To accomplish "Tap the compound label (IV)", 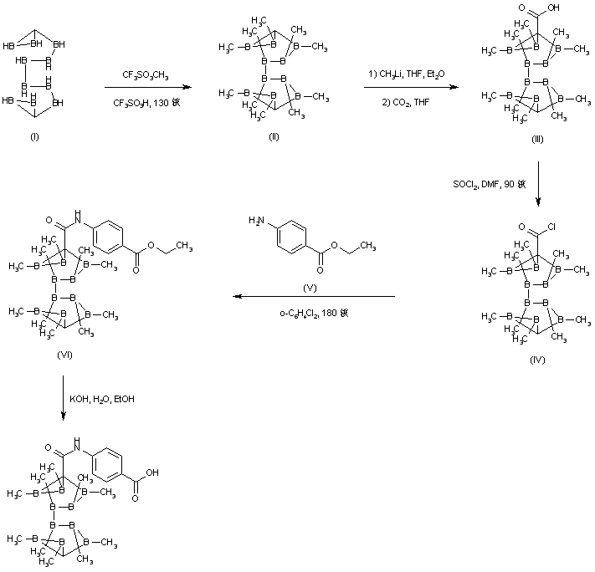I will [537, 359].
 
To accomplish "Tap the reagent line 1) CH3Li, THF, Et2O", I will [406, 75].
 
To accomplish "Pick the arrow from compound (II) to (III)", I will [406, 88].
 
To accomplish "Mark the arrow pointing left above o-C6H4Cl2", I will [314, 296].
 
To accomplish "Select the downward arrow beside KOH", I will [64, 399].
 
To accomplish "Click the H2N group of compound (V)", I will [256, 221].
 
